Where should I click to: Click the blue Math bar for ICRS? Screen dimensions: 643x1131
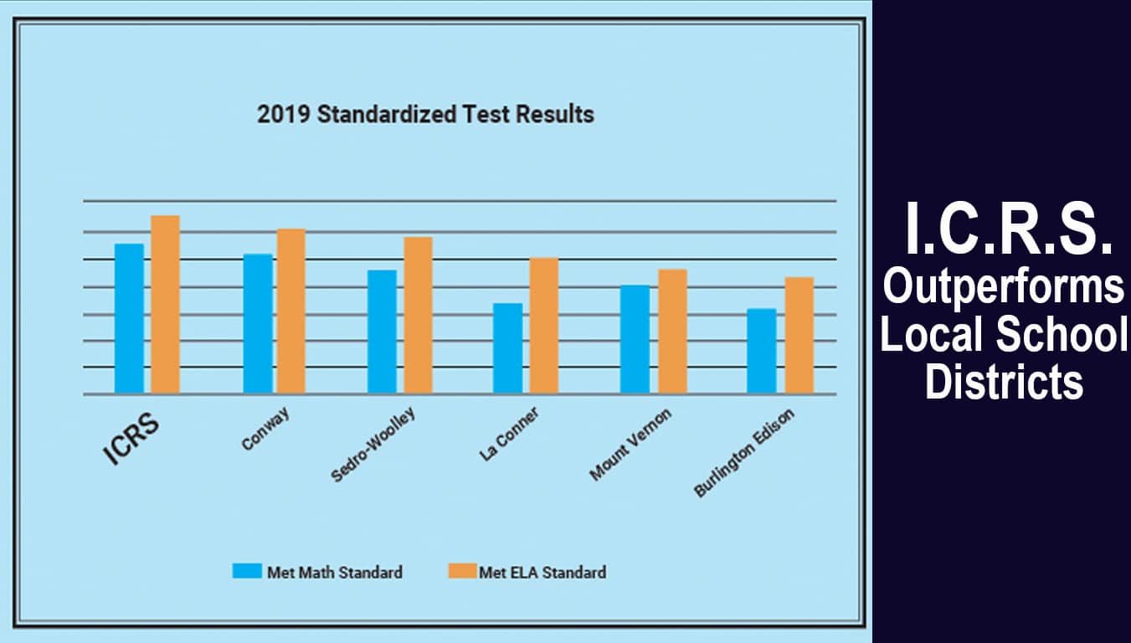[129, 318]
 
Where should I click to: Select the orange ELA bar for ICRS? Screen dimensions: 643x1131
[165, 304]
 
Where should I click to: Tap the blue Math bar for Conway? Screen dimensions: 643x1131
[258, 323]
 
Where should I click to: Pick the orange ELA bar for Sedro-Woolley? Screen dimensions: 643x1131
[418, 315]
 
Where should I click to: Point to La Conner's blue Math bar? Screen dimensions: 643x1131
[507, 347]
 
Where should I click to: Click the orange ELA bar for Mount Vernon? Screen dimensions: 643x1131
[672, 331]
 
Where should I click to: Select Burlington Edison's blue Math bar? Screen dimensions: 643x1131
[761, 351]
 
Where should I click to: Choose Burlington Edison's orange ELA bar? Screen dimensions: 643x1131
[799, 335]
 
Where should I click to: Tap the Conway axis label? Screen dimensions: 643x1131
[262, 430]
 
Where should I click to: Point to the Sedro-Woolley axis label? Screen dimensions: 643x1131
[373, 445]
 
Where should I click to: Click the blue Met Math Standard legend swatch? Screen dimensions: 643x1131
[247, 571]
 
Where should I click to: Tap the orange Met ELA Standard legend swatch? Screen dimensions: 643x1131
[462, 571]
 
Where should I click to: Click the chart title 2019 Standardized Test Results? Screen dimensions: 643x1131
[425, 114]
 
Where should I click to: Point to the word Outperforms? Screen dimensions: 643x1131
[1004, 287]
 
